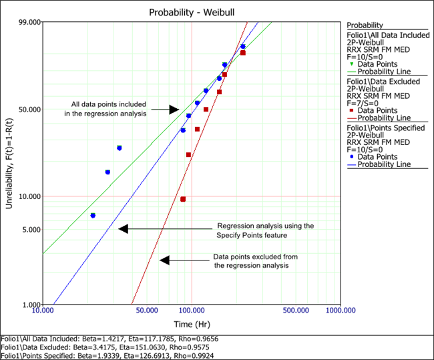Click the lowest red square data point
tap(183, 199)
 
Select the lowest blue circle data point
tap(93, 215)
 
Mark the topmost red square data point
tap(243, 53)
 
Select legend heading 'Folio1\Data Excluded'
tap(383, 81)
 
